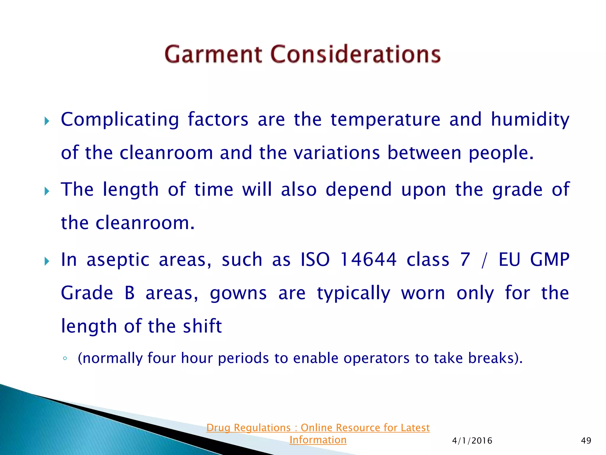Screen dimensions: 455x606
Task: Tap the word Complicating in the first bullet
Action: click(120, 120)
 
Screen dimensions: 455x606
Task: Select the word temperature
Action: click(385, 120)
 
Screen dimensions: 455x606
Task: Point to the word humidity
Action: click(530, 120)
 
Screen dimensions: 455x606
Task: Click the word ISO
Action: click(315, 259)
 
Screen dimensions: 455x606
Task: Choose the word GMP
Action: click(549, 259)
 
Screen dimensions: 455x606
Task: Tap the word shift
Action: click(202, 326)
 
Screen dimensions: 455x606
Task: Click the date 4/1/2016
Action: click(472, 441)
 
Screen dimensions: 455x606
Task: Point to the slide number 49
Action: click(586, 440)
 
